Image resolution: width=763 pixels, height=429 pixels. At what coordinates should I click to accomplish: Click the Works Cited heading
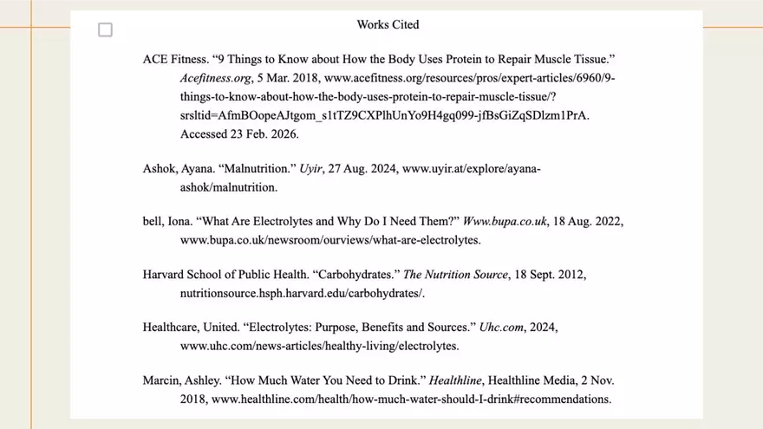point(388,24)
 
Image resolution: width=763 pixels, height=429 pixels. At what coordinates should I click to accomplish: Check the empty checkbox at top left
point(105,30)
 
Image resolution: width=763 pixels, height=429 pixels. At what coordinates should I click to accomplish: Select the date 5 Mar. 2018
point(290,78)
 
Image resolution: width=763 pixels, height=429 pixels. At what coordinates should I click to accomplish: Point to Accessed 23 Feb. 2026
point(239,134)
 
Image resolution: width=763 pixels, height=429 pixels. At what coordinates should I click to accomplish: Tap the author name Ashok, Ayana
point(173,168)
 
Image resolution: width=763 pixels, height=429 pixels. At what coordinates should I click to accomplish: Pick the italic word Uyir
point(310,168)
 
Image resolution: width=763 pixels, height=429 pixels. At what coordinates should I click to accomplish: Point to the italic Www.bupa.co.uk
point(505,221)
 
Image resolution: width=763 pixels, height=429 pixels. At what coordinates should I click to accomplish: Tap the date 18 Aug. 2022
point(589,221)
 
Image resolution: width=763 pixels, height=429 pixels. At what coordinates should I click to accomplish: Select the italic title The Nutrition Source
point(455,275)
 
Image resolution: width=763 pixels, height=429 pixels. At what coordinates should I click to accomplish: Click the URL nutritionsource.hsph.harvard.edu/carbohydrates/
point(302,293)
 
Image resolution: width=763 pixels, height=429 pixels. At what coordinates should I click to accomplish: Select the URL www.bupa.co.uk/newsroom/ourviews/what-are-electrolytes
point(330,239)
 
